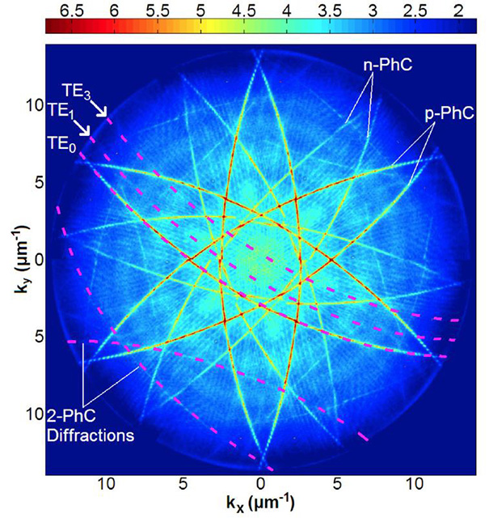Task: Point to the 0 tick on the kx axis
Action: click(260, 484)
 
